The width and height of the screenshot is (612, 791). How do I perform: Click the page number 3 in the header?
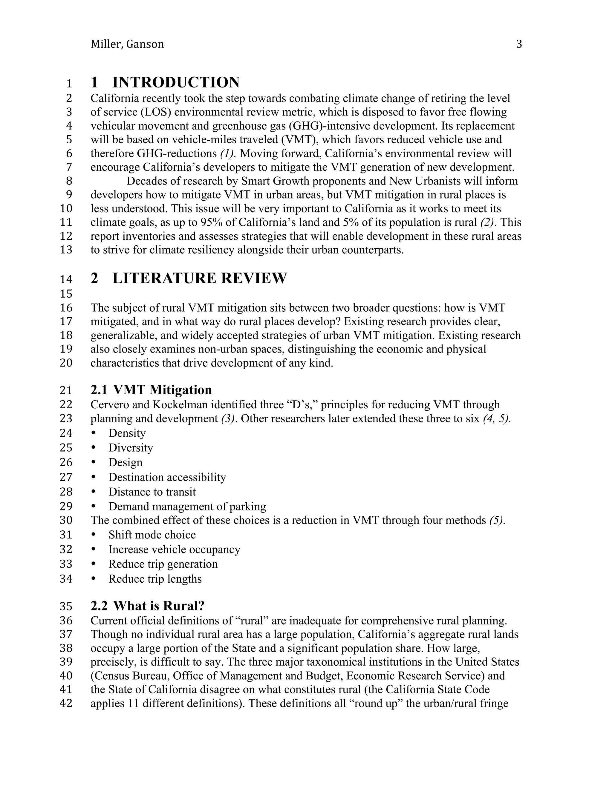(519, 44)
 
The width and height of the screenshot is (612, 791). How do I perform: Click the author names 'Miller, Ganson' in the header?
(127, 44)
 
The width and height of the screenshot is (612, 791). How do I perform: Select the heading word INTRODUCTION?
(176, 83)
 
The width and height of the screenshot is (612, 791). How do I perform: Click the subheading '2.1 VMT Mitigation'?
(151, 390)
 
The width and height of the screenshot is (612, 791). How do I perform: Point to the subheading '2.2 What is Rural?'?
(148, 606)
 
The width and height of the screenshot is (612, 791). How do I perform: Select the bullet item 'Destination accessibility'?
(167, 477)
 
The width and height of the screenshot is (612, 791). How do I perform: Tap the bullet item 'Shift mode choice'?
(152, 535)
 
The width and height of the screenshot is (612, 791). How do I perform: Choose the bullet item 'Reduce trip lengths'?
(155, 579)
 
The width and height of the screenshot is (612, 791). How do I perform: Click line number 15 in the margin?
(66, 293)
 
